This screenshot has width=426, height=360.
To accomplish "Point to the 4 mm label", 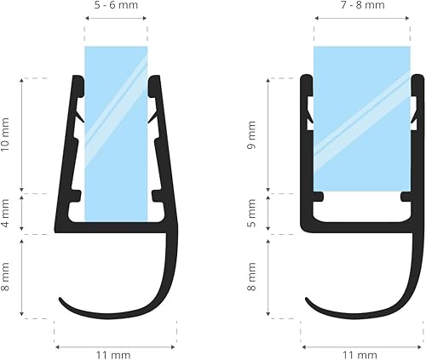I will point(7,214).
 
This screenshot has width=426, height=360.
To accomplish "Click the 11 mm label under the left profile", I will point(116,353).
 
